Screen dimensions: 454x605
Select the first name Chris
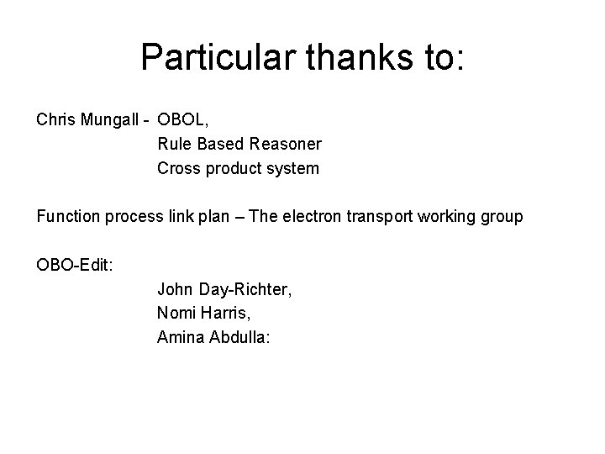55,120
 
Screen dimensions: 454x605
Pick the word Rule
173,145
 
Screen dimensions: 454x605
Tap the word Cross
178,169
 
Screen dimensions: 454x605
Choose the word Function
69,217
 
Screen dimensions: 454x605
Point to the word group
502,217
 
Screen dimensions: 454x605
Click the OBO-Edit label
76,266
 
